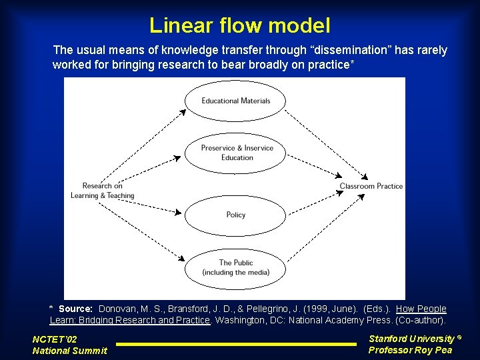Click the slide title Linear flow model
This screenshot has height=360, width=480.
pyautogui.click(x=239, y=25)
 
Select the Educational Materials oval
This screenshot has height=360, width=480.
pyautogui.click(x=235, y=101)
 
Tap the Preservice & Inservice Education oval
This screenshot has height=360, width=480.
pyautogui.click(x=237, y=153)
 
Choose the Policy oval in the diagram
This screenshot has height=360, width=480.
pyautogui.click(x=235, y=215)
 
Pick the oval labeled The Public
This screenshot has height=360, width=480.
pyautogui.click(x=235, y=267)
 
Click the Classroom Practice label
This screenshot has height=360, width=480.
pyautogui.click(x=371, y=186)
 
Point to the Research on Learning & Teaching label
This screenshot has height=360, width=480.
pyautogui.click(x=103, y=191)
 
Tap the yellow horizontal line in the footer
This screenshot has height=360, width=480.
pyautogui.click(x=237, y=344)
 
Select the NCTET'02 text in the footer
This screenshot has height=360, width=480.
pyautogui.click(x=55, y=339)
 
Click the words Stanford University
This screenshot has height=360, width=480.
pyautogui.click(x=411, y=339)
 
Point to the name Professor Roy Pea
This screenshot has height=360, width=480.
pyautogui.click(x=410, y=350)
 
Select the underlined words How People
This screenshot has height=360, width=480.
pyautogui.click(x=421, y=309)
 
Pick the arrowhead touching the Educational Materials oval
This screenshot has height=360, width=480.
pyautogui.click(x=183, y=113)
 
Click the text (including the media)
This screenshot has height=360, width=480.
pyautogui.click(x=236, y=273)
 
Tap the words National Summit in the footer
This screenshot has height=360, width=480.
pyautogui.click(x=69, y=351)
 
